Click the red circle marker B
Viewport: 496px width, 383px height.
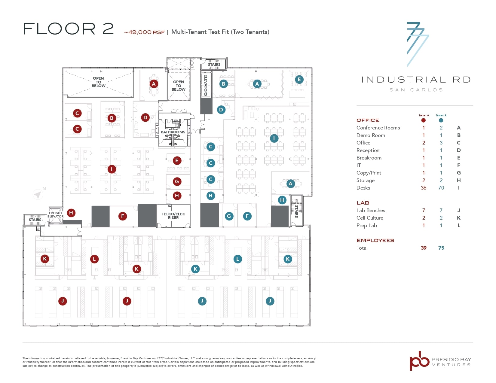(x=112, y=118)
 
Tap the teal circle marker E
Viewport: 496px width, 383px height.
(x=299, y=80)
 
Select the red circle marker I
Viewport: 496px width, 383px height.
(x=112, y=169)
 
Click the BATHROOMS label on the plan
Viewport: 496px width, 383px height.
(x=173, y=132)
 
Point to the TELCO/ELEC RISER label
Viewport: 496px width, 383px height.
(x=173, y=216)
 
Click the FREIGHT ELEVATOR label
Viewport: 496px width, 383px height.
(x=56, y=215)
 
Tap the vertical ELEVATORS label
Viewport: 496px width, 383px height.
(x=206, y=85)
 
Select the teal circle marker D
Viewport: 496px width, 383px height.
(x=221, y=110)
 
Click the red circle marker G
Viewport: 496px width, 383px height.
(x=177, y=181)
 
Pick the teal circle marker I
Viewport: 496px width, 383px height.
(x=274, y=138)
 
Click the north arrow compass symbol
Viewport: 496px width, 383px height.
(x=38, y=194)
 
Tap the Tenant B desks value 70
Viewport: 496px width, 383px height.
(x=441, y=188)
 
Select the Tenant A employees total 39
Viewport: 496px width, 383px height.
(x=424, y=248)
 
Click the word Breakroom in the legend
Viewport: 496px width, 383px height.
(x=369, y=158)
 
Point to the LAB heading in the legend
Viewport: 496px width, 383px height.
(x=363, y=203)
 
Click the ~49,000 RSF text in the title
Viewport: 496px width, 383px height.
(x=144, y=32)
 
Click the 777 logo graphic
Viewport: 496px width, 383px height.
(x=417, y=44)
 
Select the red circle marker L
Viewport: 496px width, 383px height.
(x=94, y=259)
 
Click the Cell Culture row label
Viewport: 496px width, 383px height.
(x=370, y=218)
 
